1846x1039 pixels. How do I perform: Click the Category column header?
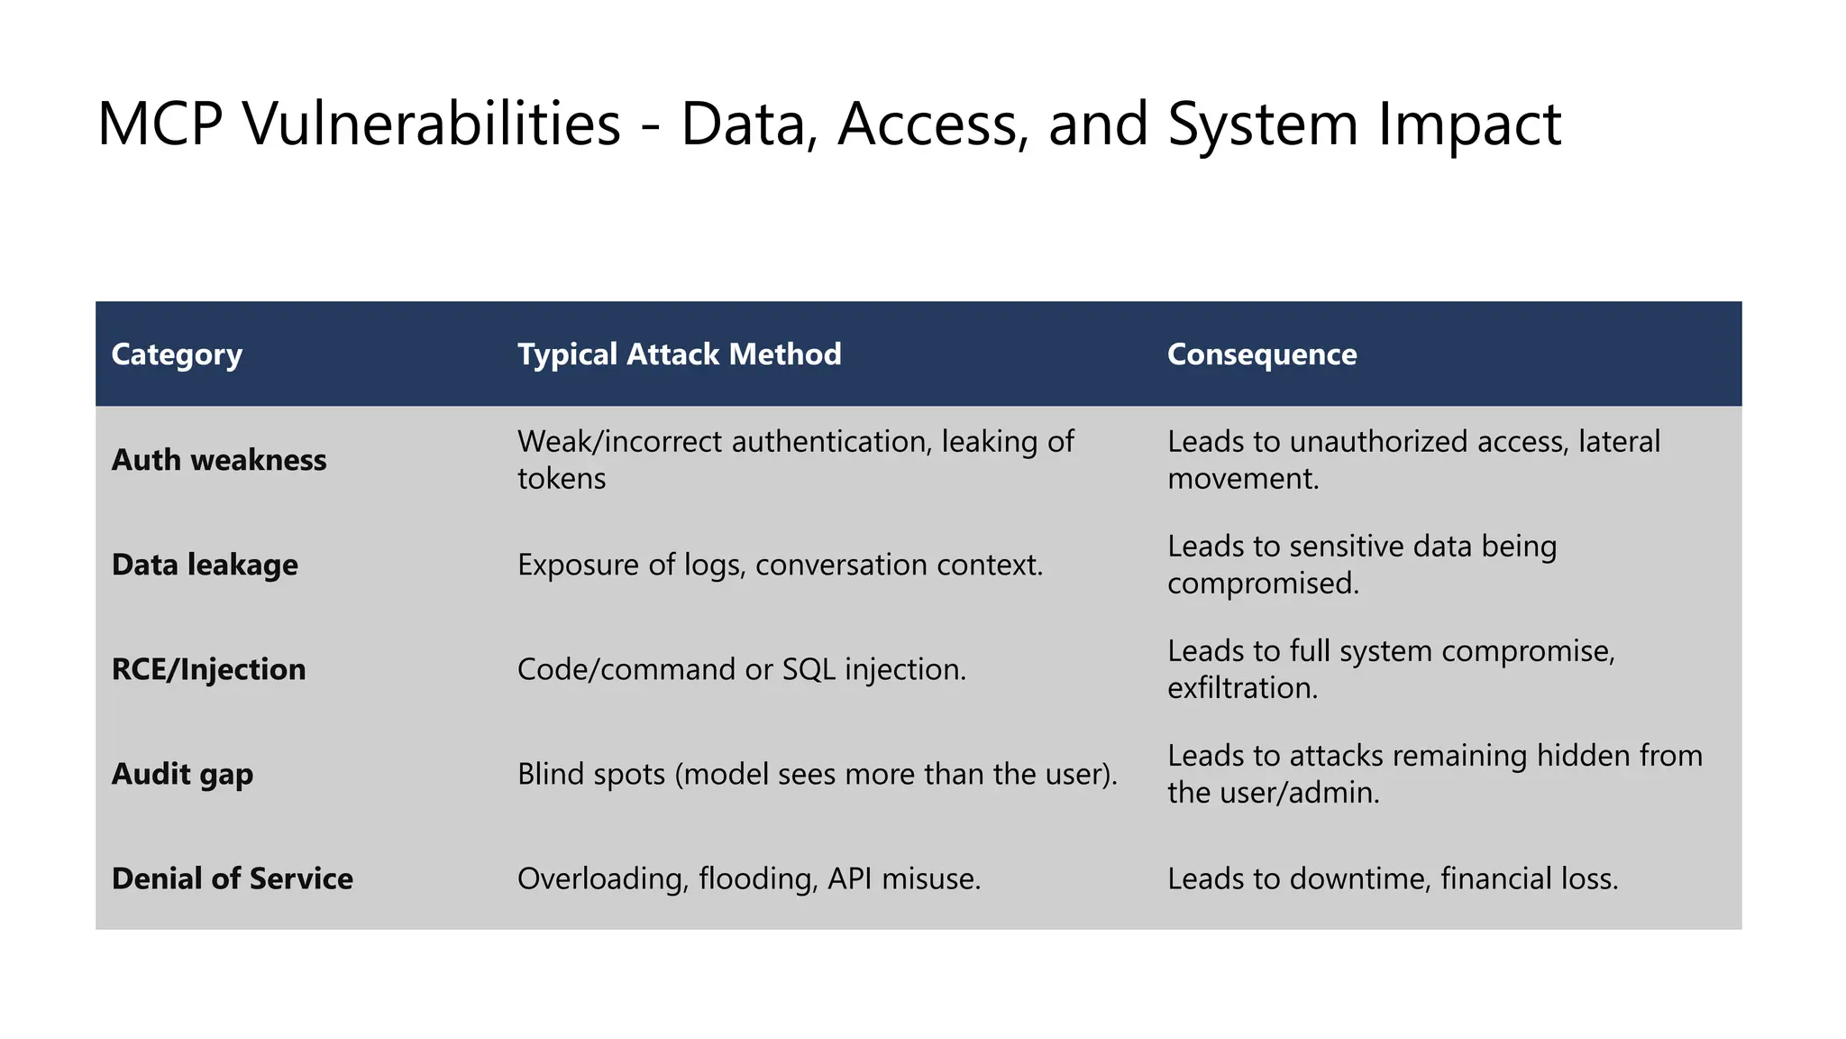tap(177, 354)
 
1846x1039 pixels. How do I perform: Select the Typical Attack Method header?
tap(679, 354)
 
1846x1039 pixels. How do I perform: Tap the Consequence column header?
tap(1261, 354)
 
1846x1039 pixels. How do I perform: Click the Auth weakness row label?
tap(219, 460)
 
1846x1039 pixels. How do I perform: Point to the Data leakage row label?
tap(205, 565)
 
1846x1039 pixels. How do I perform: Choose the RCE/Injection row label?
tap(208, 669)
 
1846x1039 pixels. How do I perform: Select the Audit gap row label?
tap(182, 774)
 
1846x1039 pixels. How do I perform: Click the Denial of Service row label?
tap(232, 878)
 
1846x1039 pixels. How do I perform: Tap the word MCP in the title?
tap(160, 124)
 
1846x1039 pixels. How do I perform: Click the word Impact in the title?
tap(1468, 124)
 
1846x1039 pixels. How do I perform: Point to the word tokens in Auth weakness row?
tap(561, 478)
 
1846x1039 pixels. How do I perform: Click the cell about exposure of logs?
tap(780, 565)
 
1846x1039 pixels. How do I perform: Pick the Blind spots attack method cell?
tap(817, 774)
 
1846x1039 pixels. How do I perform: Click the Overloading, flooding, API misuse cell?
tap(748, 878)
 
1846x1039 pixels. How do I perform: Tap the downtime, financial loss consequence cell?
tap(1392, 878)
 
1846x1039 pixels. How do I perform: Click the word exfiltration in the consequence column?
tap(1242, 688)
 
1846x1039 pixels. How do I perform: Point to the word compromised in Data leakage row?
tap(1262, 584)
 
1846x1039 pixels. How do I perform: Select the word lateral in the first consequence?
tap(1619, 441)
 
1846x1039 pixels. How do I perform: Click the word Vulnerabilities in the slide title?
tap(432, 124)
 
